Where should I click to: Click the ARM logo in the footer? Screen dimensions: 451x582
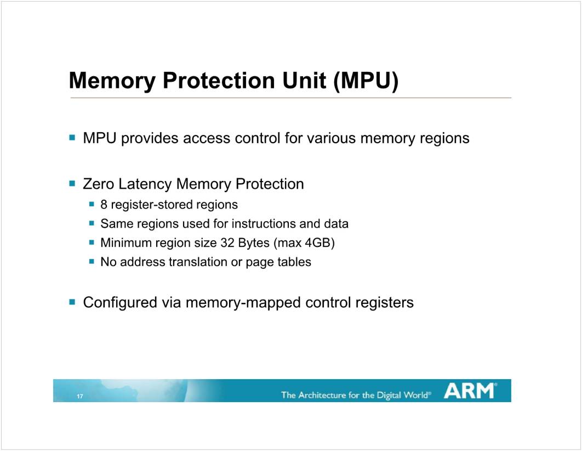coord(470,391)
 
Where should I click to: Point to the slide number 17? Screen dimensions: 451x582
coord(80,397)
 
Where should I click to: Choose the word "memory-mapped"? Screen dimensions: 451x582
coord(240,302)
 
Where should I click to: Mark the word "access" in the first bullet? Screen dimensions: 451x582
coord(207,138)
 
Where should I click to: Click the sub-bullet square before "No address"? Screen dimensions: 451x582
coord(92,262)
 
